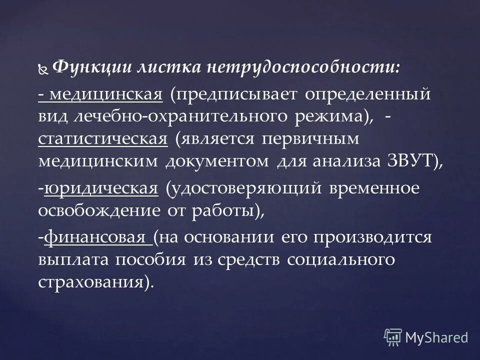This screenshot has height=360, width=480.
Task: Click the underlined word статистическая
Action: point(102,138)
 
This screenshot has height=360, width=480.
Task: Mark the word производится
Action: point(372,237)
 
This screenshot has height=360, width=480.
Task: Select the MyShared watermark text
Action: point(436,337)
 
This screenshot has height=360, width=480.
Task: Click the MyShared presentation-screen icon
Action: point(393,336)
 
